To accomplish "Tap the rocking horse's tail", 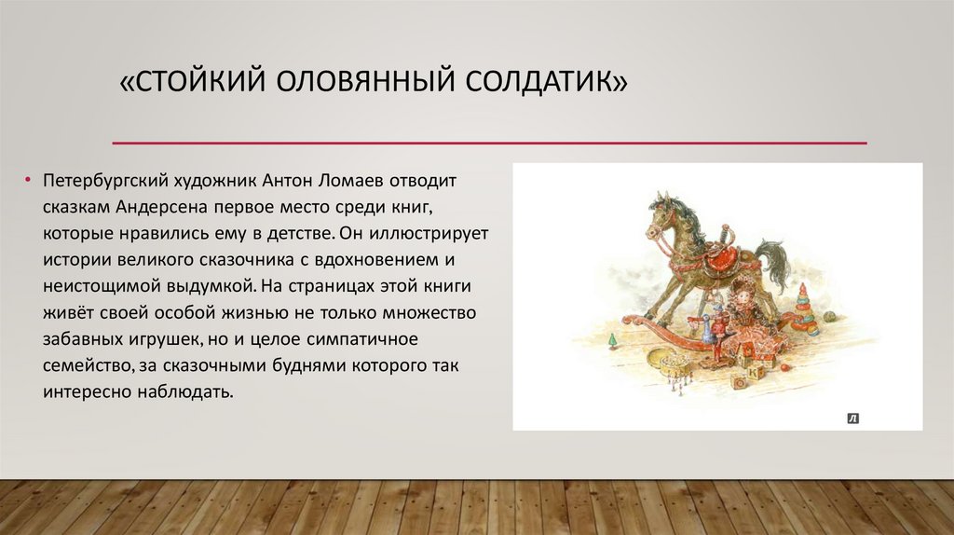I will tap(773, 265).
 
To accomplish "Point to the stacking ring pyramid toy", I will tap(805, 311).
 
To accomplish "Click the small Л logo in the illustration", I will tap(852, 418).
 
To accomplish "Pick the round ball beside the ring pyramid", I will tap(829, 317).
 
